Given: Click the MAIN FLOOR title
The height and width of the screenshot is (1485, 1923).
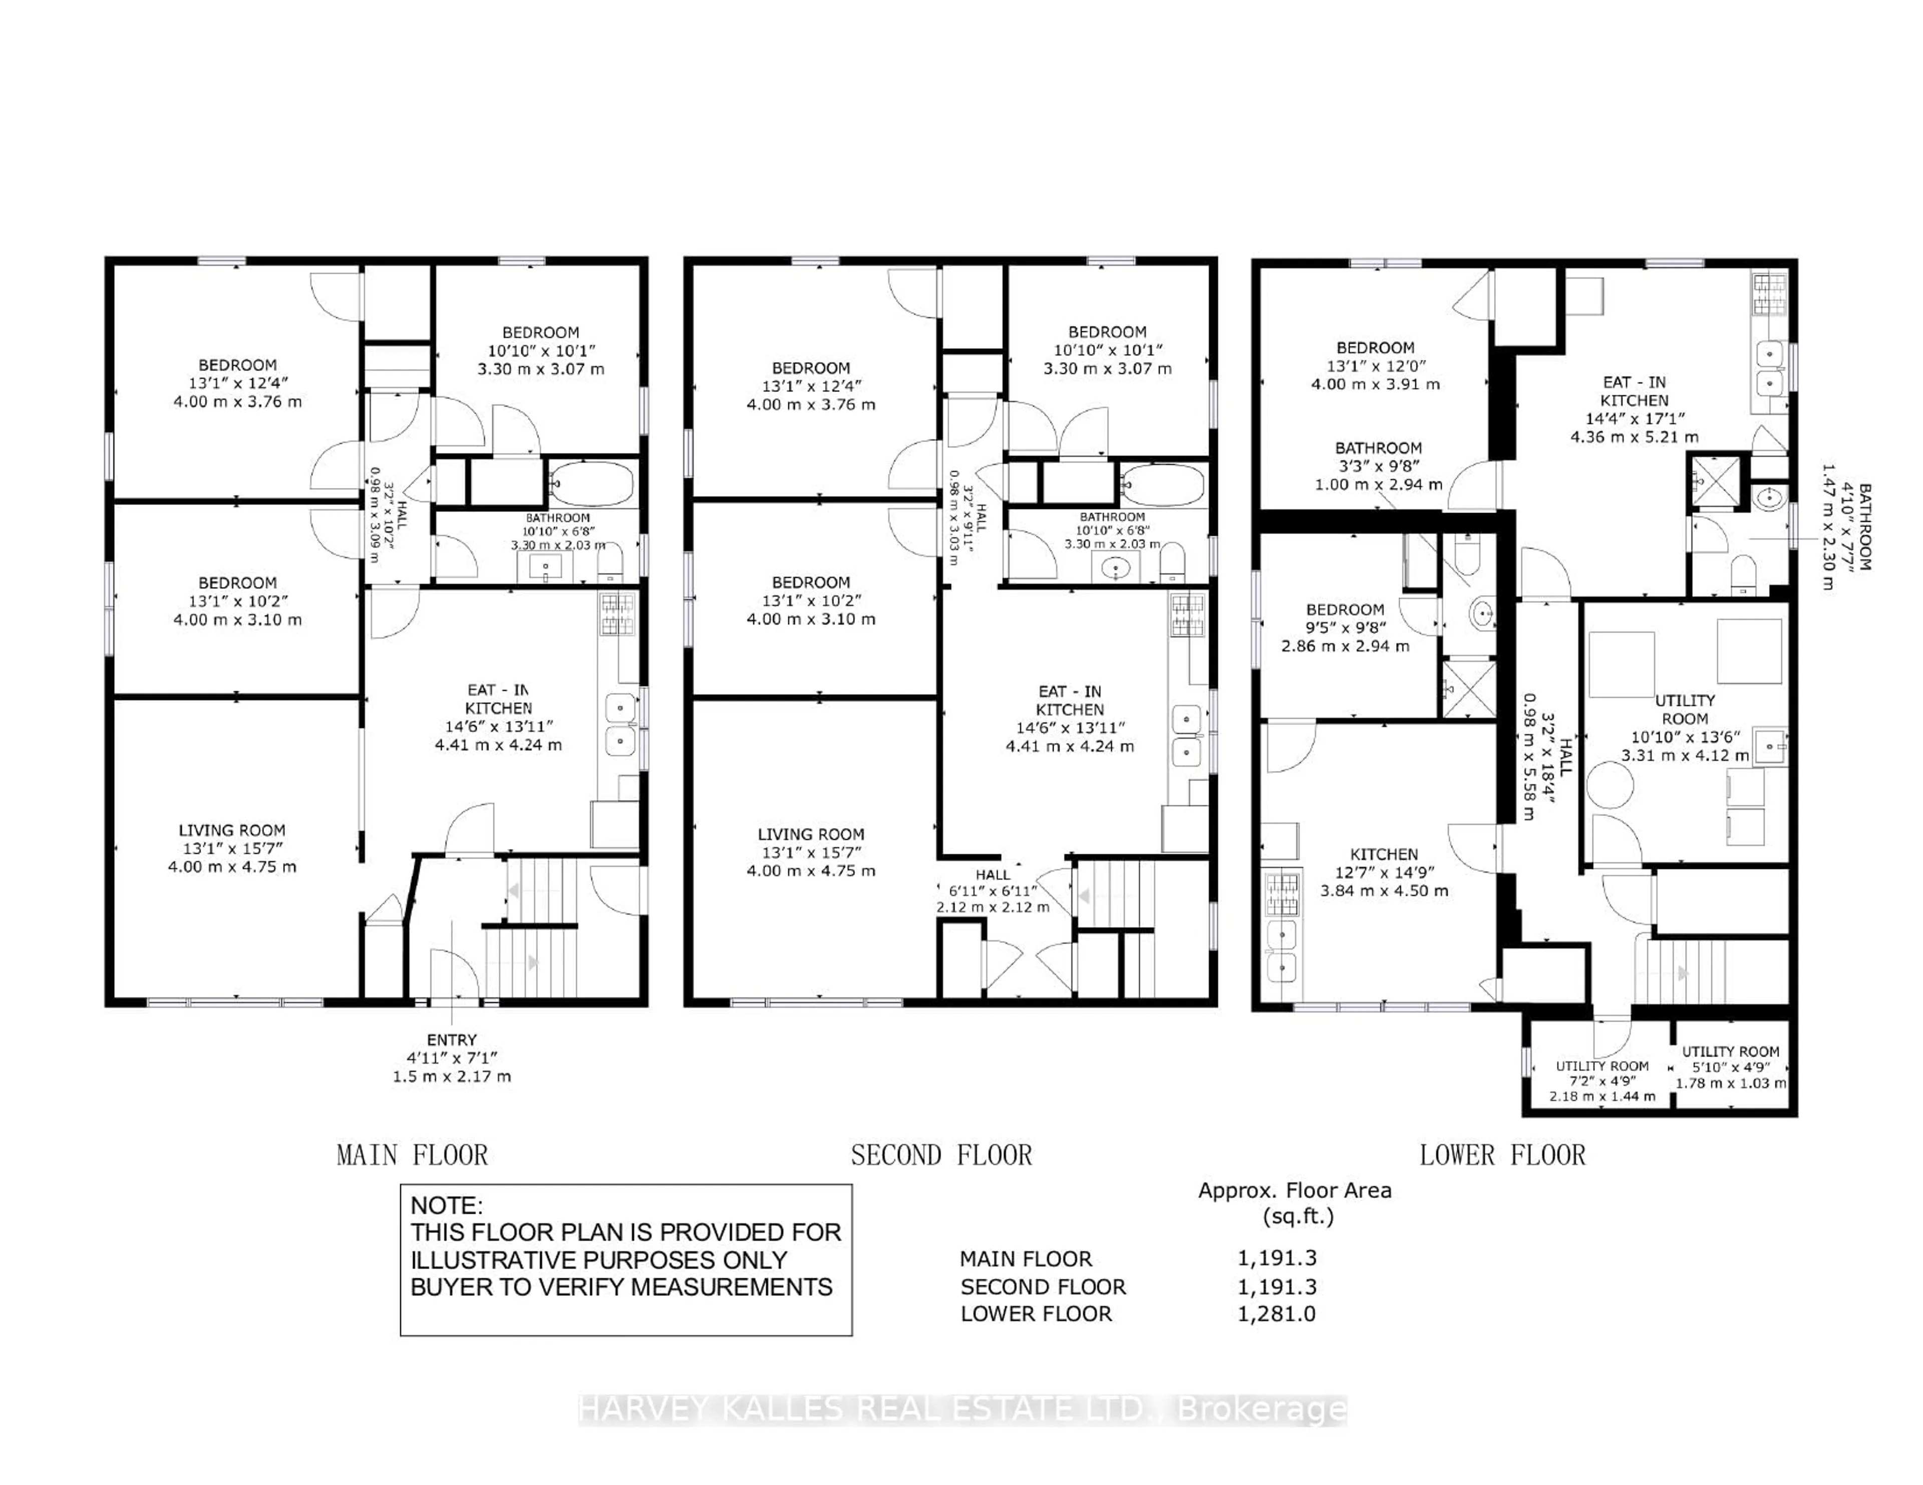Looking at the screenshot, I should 412,1155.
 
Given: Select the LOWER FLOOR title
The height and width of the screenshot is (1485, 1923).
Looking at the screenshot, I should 1502,1155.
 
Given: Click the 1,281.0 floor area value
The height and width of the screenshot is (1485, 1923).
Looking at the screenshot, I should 1276,1314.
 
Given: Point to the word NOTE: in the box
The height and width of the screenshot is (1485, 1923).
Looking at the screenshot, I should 446,1206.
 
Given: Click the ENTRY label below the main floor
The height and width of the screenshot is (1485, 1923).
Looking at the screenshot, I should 452,1041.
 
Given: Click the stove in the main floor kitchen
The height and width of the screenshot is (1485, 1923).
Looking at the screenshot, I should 617,614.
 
